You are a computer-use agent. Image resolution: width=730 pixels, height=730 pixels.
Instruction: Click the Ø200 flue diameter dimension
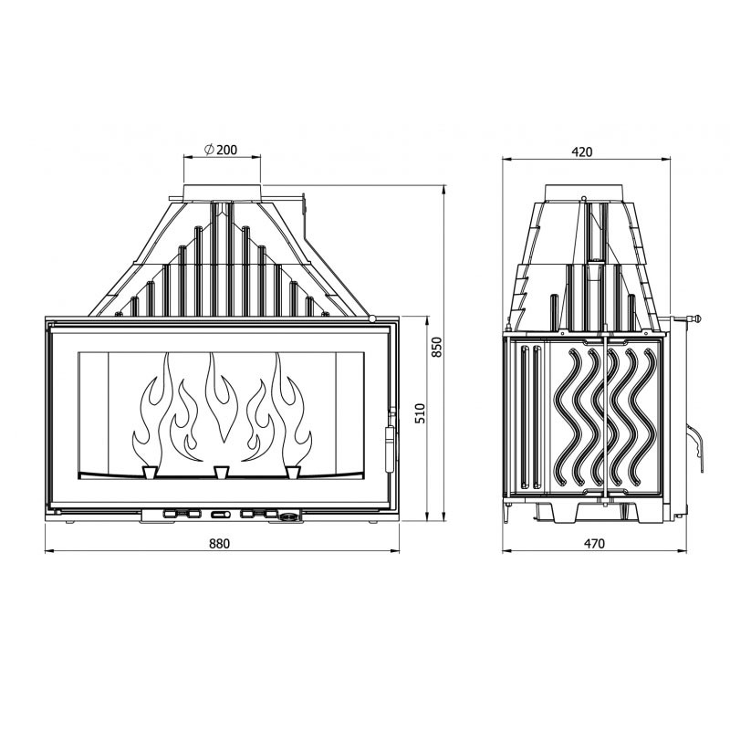221,150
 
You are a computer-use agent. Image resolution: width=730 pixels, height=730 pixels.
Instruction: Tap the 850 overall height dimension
437,347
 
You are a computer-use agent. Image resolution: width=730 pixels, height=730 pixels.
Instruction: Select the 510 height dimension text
420,414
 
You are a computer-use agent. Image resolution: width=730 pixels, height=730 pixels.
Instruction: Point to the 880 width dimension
219,543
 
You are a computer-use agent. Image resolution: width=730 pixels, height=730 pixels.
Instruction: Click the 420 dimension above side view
582,151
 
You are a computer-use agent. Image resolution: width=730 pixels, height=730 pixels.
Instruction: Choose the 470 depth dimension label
594,543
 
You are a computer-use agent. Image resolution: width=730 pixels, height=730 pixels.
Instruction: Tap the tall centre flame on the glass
222,397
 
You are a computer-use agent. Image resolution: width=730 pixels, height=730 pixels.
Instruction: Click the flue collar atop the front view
222,192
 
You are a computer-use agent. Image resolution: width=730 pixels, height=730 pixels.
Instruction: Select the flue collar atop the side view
584,193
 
